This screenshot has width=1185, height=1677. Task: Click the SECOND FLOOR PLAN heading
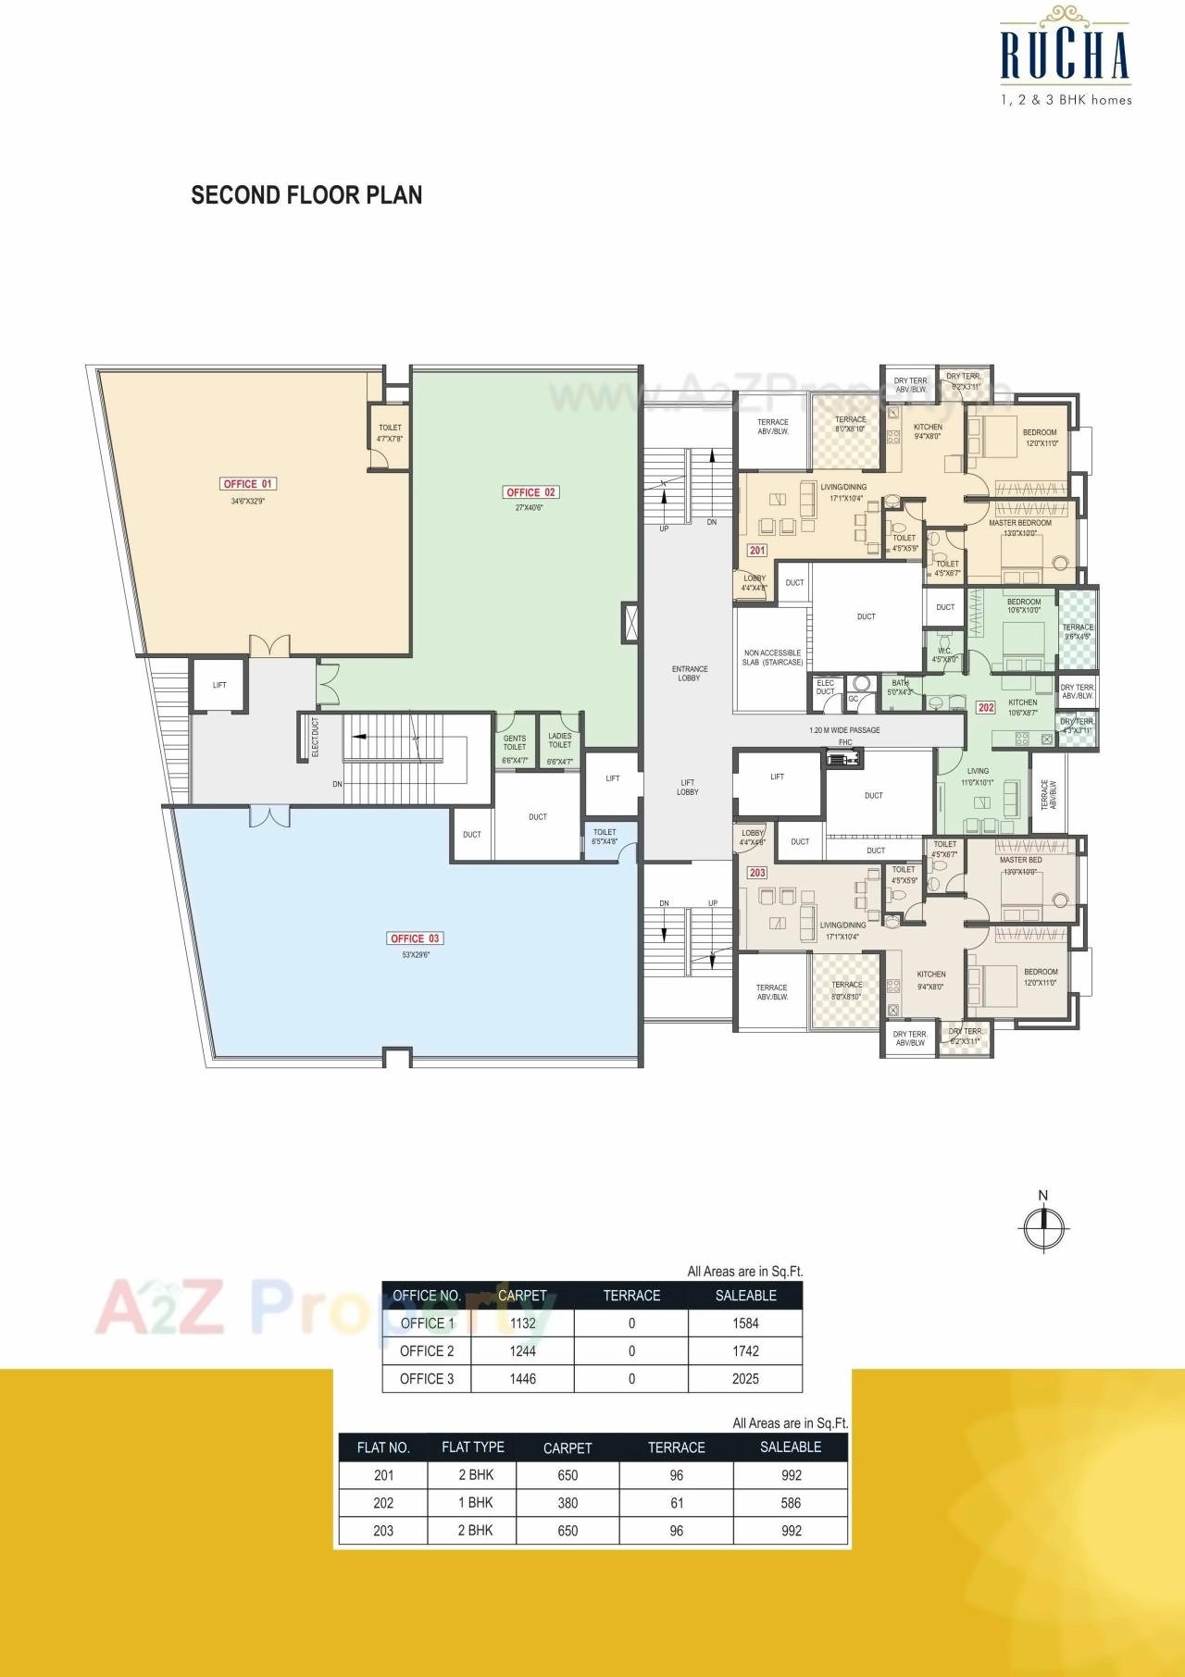306,195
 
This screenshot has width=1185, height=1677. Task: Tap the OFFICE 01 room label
248,484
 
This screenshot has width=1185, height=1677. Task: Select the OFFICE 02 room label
530,492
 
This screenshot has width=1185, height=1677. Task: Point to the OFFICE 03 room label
415,938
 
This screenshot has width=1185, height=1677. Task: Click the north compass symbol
1043,1226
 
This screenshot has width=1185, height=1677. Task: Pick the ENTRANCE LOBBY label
689,673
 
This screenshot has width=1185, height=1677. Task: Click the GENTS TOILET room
515,744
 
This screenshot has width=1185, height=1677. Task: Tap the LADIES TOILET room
560,742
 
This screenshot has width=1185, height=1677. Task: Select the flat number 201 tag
757,550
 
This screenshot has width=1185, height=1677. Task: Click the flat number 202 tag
986,707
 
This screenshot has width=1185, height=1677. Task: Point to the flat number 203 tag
757,873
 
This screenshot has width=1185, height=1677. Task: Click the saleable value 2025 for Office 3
745,1378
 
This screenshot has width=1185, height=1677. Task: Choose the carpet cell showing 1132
523,1323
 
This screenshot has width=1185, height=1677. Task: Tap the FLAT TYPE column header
473,1447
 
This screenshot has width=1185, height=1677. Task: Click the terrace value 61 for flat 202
677,1503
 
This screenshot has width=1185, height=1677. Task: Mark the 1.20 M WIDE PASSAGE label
844,730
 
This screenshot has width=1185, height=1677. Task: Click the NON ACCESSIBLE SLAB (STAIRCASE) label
773,657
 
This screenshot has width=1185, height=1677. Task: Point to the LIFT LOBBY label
688,787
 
